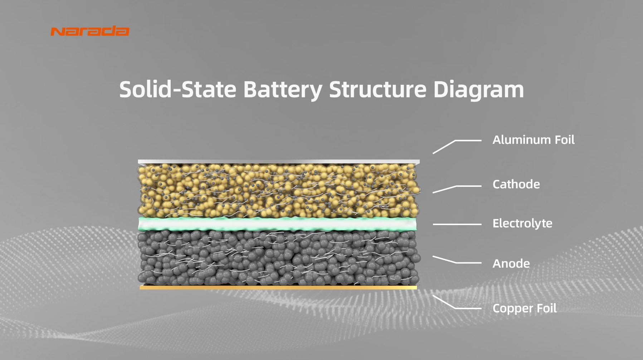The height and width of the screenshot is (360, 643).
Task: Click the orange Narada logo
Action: pyautogui.click(x=90, y=31)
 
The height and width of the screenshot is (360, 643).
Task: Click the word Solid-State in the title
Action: pyautogui.click(x=177, y=89)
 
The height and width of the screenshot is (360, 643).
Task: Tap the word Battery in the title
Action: pyautogui.click(x=283, y=89)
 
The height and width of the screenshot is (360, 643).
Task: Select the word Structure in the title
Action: pyautogui.click(x=377, y=89)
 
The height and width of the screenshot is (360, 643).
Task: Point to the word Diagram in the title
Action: pyautogui.click(x=478, y=89)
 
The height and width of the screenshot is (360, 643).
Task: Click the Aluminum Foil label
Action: pyautogui.click(x=533, y=140)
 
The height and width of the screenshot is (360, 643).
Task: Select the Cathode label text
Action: pyautogui.click(x=516, y=184)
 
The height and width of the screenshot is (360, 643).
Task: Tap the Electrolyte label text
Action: pyautogui.click(x=522, y=223)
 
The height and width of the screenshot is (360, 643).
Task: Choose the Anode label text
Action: pyautogui.click(x=511, y=264)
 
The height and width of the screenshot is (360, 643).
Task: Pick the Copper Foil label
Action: pyautogui.click(x=524, y=308)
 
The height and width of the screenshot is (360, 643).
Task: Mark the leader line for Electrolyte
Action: pyautogui.click(x=457, y=224)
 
